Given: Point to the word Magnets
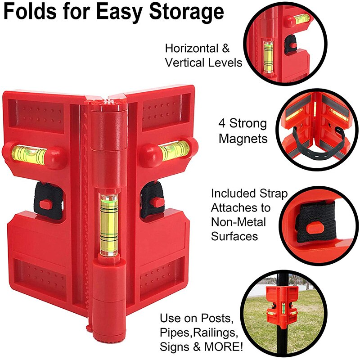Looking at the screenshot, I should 243,138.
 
